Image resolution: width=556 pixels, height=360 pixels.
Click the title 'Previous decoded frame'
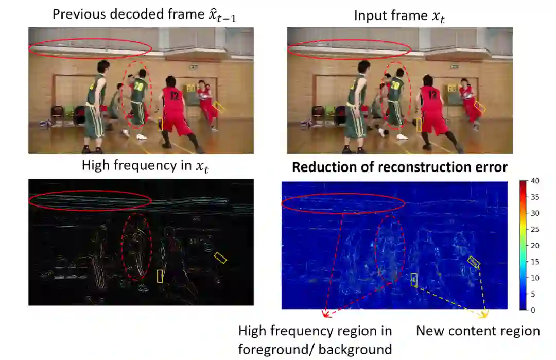[x=120, y=14]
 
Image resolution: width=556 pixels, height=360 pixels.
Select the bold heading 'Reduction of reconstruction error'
[x=400, y=167]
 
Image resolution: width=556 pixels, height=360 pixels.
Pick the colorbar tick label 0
[x=533, y=310]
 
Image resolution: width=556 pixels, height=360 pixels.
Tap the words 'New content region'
[x=478, y=331]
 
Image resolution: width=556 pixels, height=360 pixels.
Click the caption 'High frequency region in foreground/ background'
[x=315, y=340]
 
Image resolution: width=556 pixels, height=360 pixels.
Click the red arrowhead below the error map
[x=325, y=314]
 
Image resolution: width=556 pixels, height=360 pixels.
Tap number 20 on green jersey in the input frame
[x=396, y=85]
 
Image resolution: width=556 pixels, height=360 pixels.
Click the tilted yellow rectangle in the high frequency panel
[x=220, y=258]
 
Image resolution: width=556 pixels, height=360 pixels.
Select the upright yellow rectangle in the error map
[x=414, y=280]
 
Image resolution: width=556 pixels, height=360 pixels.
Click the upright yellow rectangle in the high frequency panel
[x=160, y=276]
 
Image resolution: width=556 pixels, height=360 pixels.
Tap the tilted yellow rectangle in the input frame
[x=480, y=107]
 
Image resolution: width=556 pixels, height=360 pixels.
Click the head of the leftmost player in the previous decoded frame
[x=103, y=66]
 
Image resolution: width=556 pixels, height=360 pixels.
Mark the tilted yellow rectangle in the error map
[x=474, y=262]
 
